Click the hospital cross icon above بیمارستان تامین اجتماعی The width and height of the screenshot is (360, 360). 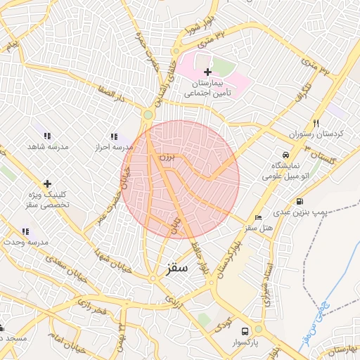[207, 72]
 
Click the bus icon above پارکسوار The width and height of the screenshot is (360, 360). [245, 330]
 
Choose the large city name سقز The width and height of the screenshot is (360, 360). [177, 269]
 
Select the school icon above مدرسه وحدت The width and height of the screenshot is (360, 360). [26, 231]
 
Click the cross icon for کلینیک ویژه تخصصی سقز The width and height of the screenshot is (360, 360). [47, 184]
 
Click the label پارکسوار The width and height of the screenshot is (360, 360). [245, 342]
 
